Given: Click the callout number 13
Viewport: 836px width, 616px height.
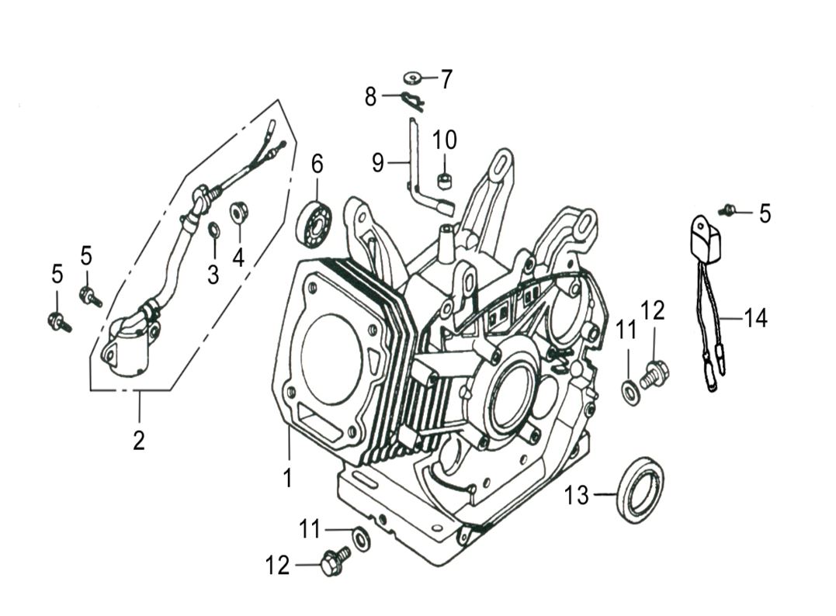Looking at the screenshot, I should point(577,495).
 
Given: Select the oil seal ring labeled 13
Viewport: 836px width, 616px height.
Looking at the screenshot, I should point(640,490).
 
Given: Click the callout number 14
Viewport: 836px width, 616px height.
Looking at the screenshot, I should point(755,318).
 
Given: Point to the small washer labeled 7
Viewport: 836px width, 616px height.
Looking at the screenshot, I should point(411,78).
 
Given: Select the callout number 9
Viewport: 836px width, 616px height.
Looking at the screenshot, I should point(378,163).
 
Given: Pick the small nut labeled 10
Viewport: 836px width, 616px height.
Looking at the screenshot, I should point(445,181).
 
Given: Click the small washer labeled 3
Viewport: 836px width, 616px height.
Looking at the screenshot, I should point(213,230).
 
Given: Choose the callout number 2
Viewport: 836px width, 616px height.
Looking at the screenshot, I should point(139,441).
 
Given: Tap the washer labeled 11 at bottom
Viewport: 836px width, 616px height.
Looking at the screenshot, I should point(360,538).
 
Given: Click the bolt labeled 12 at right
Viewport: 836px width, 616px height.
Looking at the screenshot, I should point(654,374).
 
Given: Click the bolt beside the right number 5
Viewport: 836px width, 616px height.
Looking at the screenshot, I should point(728,209).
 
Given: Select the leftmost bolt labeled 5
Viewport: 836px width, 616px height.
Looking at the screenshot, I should point(59,321).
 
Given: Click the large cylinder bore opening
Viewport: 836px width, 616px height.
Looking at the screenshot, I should point(329,358).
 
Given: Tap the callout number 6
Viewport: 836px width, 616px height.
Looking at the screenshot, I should point(317,164).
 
